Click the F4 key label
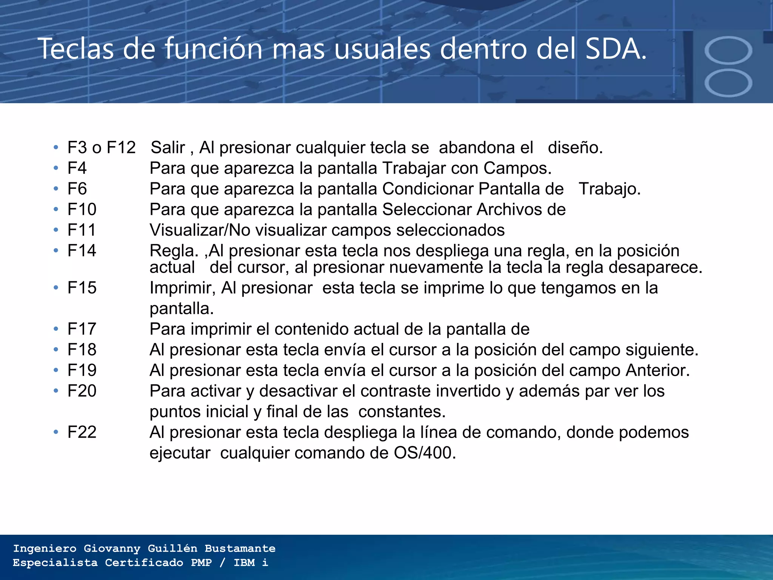[x=77, y=168]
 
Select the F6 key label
[x=77, y=189]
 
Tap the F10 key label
[x=82, y=209]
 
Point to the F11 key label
[x=82, y=230]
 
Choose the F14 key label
[x=82, y=251]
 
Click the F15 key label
[x=82, y=288]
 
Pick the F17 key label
[x=82, y=329]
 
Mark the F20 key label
[x=82, y=391]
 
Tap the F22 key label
[x=82, y=432]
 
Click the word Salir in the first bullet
[x=168, y=148]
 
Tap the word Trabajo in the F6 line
[x=610, y=189]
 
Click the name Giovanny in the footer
[x=112, y=548]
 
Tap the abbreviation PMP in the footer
[x=201, y=563]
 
